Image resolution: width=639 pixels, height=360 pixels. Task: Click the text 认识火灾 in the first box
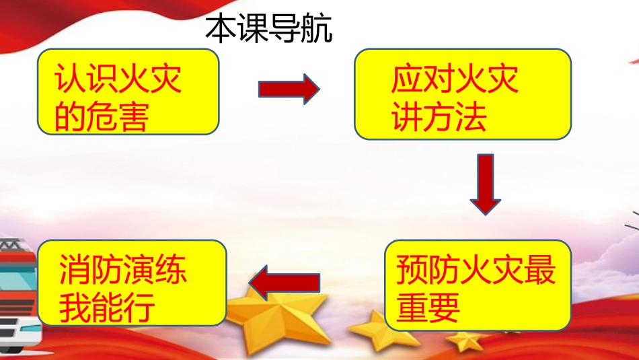(x=119, y=81)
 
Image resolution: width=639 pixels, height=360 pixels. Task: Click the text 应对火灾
(x=455, y=81)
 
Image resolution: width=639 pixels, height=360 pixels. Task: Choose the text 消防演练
(x=123, y=271)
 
